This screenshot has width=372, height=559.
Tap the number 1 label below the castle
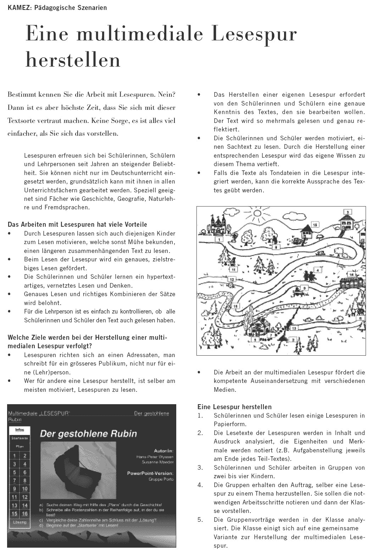pos(220,239)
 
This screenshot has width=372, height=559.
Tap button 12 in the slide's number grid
pos(25,498)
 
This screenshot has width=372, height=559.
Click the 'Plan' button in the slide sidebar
pos(20,447)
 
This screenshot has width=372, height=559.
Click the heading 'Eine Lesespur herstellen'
pos(234,407)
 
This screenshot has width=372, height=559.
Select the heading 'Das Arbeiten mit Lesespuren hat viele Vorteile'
pos(77,225)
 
